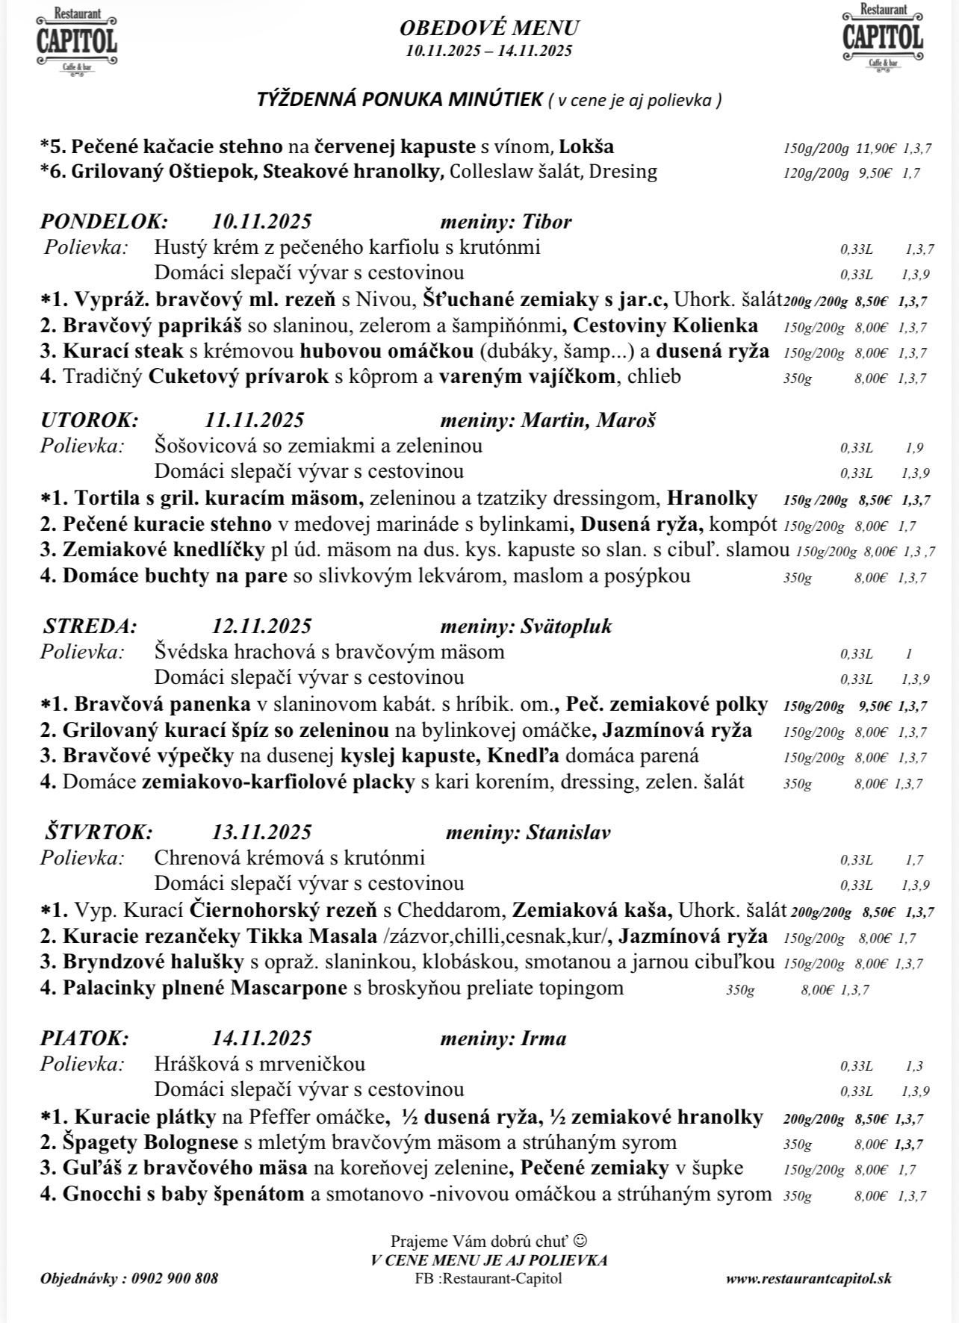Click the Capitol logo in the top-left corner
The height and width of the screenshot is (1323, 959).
tap(76, 41)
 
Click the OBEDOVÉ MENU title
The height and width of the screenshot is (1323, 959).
tap(489, 28)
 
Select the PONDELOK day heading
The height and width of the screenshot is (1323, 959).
tap(105, 222)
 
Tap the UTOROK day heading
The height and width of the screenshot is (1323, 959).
tap(90, 420)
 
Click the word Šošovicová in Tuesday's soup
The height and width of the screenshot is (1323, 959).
tap(206, 446)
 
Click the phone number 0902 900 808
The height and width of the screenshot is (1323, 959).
tap(175, 1278)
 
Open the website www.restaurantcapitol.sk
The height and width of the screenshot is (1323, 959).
tap(808, 1278)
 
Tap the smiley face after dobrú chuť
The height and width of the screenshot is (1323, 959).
tap(581, 1241)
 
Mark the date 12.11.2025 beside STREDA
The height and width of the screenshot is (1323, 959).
tap(261, 626)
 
